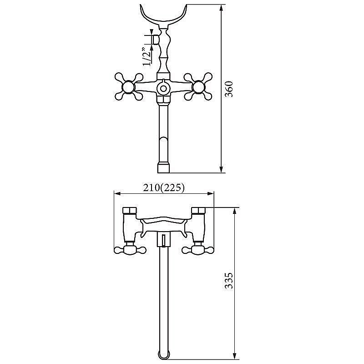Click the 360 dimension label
[x=229, y=89]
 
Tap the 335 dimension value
[x=229, y=280]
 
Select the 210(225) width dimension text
[x=164, y=187]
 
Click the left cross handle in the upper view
[x=129, y=86]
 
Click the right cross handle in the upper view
[x=198, y=86]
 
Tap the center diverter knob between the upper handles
[x=163, y=88]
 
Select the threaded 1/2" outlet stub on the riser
[x=156, y=40]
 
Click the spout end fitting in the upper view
[x=164, y=168]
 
